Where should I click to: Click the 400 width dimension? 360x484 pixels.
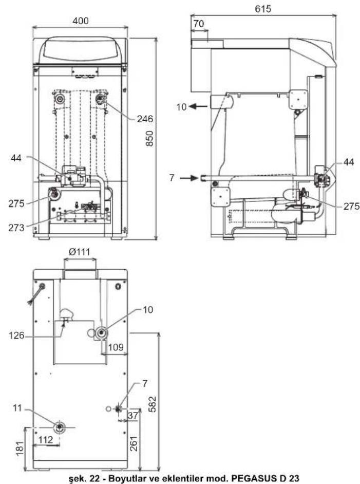(x=80, y=21)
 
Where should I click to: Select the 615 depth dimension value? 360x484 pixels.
(x=263, y=9)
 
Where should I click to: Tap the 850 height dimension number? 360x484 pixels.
(x=149, y=139)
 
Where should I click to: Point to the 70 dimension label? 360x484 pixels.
(x=199, y=24)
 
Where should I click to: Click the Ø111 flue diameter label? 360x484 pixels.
(x=79, y=252)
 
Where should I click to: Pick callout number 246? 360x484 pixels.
(x=145, y=119)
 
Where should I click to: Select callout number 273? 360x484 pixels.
(x=16, y=228)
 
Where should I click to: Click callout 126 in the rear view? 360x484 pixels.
(x=16, y=335)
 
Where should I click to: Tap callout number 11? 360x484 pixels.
(x=17, y=408)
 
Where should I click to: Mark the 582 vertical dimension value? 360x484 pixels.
(x=152, y=404)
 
